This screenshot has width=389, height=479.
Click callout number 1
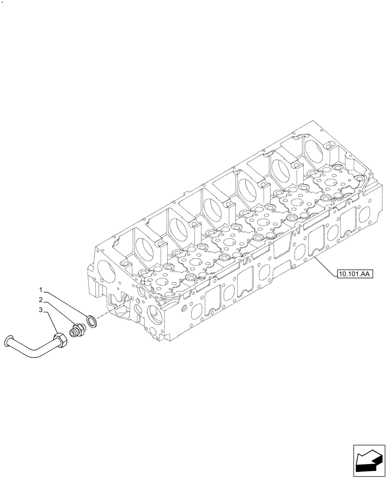coord(42,290)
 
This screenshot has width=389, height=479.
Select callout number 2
coord(42,300)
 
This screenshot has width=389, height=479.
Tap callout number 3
coord(42,310)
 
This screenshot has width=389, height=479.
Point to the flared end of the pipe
coord(7,341)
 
